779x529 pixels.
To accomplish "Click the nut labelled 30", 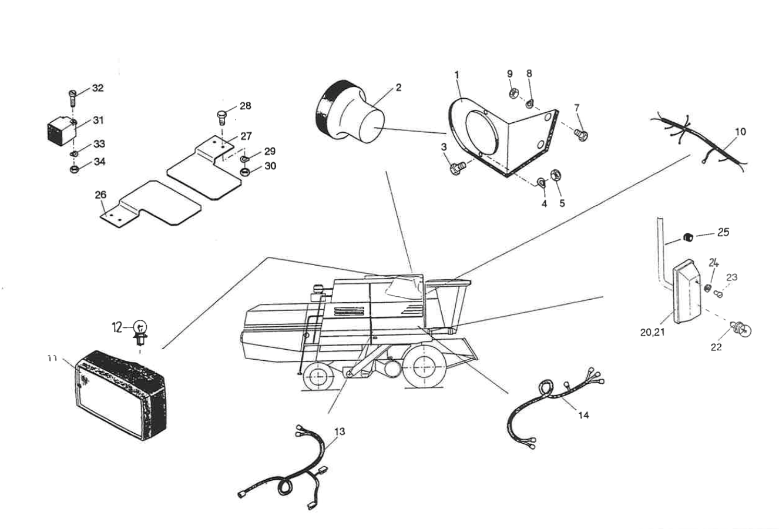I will [x=244, y=173].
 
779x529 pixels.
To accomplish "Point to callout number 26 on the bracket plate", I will [x=101, y=194].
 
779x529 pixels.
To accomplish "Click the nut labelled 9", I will [x=512, y=93].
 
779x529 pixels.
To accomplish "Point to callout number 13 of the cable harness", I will [x=340, y=431].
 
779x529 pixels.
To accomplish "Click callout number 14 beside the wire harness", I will [x=583, y=415].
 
